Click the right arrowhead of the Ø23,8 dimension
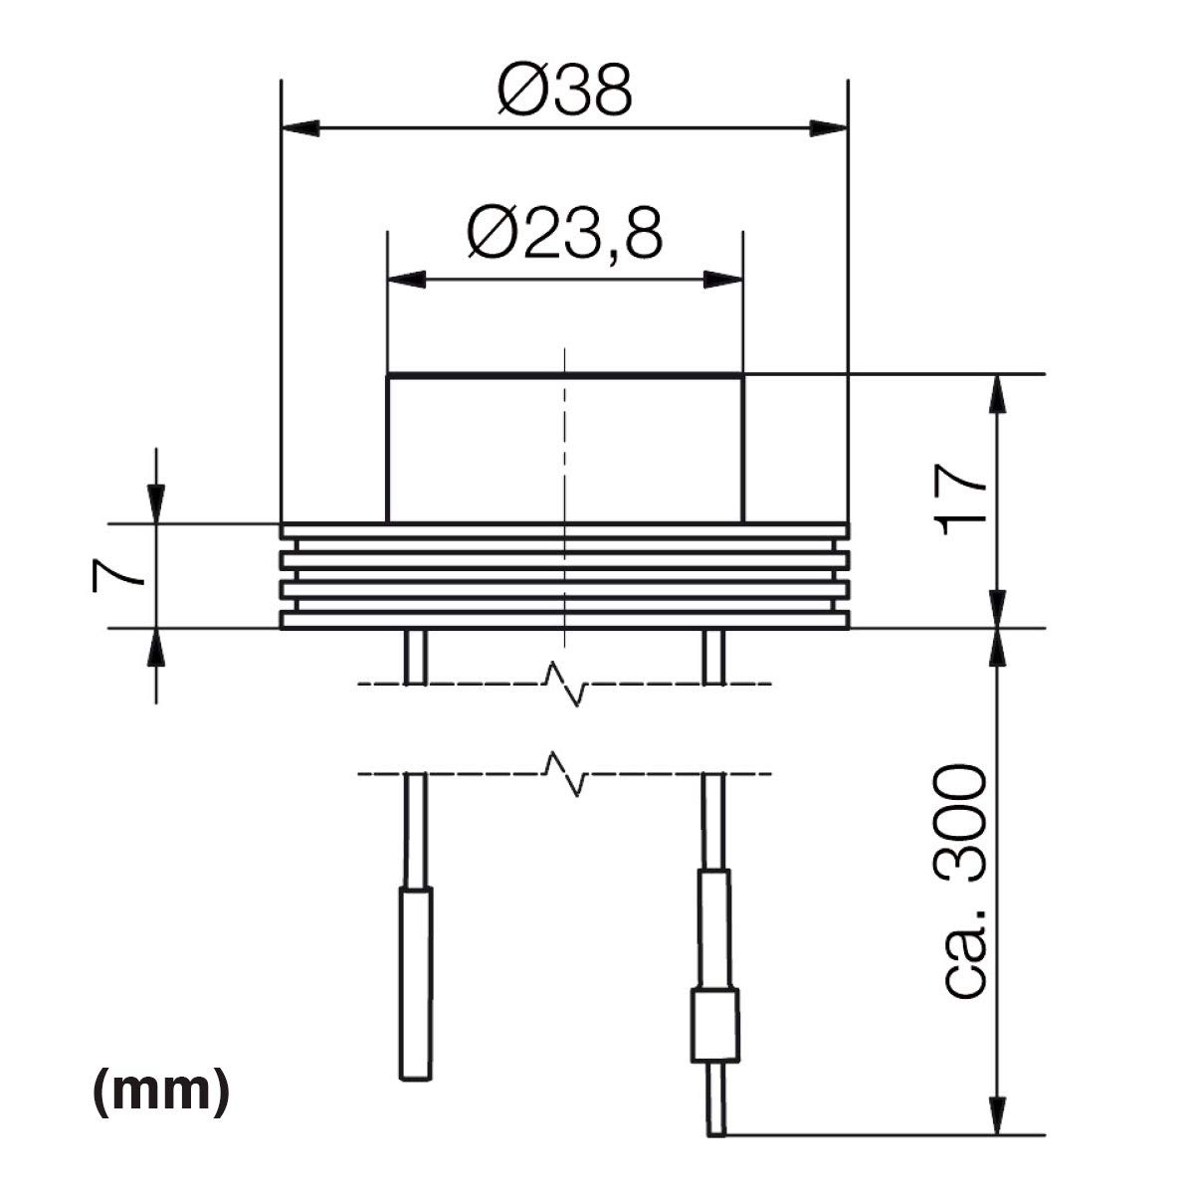[x=723, y=280]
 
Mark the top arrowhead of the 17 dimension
[x=998, y=394]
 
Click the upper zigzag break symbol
[x=564, y=685]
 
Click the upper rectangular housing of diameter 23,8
[x=565, y=448]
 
